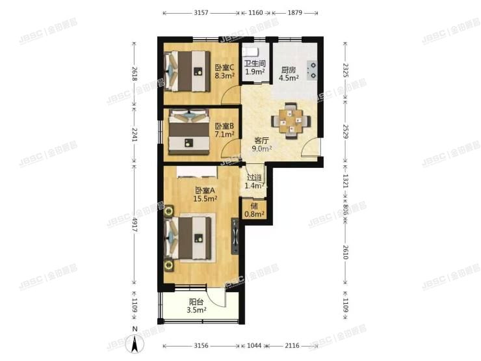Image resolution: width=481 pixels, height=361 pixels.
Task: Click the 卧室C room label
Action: coord(225,71)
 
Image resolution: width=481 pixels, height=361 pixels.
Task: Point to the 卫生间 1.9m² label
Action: coord(254,68)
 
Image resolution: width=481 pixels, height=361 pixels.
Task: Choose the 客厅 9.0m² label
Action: coord(262,144)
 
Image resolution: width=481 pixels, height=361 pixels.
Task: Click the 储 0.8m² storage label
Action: coord(255,210)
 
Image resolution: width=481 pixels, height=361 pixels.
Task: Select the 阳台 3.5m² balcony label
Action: coord(196,306)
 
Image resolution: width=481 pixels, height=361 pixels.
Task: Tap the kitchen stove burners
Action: coord(313,69)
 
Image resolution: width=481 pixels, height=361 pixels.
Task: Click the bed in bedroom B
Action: coord(189,133)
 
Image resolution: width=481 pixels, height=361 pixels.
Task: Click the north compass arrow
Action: coord(135,346)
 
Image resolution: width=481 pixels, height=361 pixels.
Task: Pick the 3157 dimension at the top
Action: coord(200,12)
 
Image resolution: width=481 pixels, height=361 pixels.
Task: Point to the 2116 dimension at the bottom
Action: coord(292,345)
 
